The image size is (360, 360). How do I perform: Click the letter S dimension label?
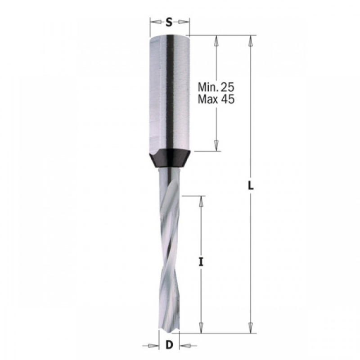click(x=169, y=22)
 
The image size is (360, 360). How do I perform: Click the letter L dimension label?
click(x=251, y=185)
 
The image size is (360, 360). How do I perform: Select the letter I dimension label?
click(x=201, y=262)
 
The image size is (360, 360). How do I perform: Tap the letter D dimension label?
click(x=169, y=345)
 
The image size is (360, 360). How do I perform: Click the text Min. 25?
click(x=216, y=87)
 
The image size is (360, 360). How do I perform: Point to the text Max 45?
click(x=216, y=99)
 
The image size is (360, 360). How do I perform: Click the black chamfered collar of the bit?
click(x=170, y=158)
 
